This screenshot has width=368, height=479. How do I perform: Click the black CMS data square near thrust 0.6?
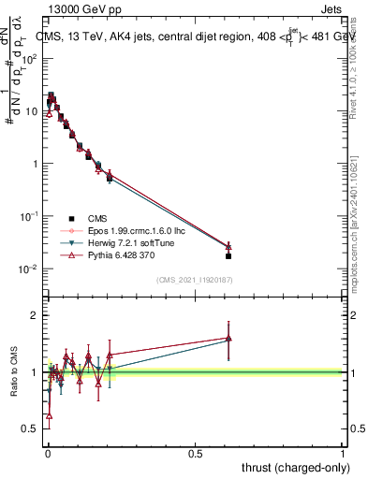(228, 255)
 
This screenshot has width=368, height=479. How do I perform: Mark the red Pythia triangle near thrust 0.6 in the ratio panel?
(228, 338)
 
